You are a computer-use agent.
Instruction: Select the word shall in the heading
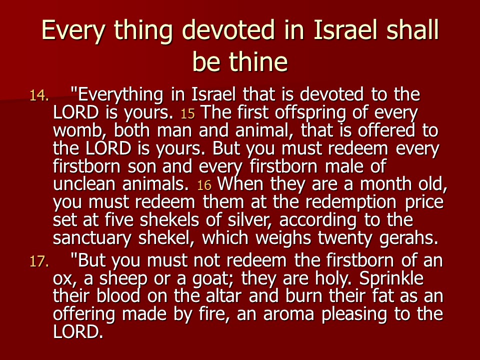[x=412, y=30]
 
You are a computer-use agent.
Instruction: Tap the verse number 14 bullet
[x=39, y=95]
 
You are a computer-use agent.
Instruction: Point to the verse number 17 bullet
[x=39, y=261]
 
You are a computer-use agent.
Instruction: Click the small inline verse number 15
[x=187, y=114]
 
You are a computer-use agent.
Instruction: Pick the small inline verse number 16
[x=204, y=185]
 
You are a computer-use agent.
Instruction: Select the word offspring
[x=310, y=113]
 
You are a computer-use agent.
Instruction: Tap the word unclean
[x=84, y=184]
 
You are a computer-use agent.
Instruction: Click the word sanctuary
[x=92, y=238]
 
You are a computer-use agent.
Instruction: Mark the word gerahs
[x=408, y=238]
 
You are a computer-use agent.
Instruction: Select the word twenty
[x=344, y=238]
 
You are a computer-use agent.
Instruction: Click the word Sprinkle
[x=391, y=279]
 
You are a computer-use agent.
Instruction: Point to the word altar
[x=223, y=296]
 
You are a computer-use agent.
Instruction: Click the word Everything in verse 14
[x=120, y=95]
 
